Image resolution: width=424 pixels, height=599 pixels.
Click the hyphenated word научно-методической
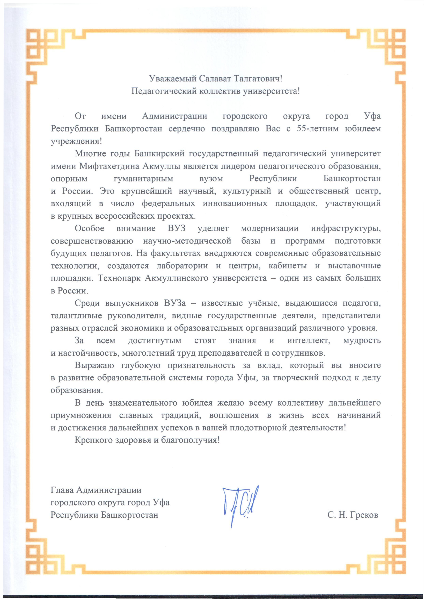pos(187,241)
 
